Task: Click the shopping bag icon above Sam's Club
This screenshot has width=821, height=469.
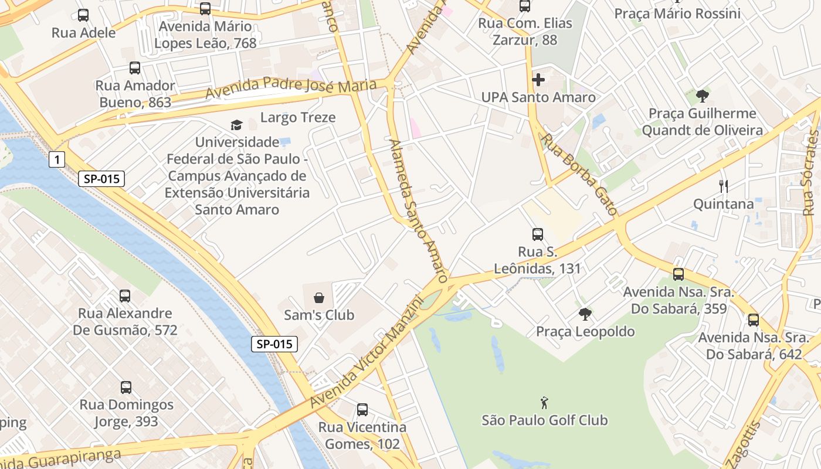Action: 318,298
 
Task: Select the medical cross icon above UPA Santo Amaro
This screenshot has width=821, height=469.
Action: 538,80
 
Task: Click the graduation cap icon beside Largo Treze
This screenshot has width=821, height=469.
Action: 236,125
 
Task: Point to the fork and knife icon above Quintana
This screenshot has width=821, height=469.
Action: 724,186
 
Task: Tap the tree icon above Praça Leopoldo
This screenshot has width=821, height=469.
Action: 585,314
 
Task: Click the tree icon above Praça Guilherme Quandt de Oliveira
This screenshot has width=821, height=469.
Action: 702,96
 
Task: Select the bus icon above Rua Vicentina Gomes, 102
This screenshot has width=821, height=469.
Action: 362,410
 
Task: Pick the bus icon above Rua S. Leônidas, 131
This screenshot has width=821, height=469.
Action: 537,235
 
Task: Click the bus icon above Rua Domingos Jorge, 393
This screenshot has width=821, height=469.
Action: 126,388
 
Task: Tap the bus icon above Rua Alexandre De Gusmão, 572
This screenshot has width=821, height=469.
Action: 125,296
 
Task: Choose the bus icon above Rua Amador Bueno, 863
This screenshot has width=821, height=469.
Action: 135,68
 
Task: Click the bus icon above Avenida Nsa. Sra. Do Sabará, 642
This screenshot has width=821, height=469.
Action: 753,320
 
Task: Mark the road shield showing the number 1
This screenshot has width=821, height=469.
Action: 56,159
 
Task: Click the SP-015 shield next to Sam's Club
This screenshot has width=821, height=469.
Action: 274,344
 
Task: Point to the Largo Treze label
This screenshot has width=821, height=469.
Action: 298,117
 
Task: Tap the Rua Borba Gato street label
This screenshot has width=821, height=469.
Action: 579,174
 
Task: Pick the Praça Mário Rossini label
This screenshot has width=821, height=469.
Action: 677,13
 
